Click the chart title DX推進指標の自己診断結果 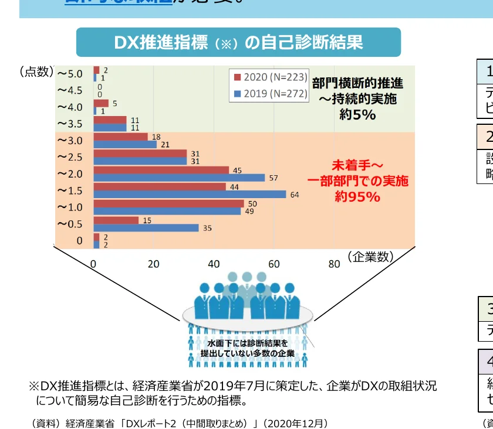[238, 43]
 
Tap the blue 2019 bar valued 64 [190, 195]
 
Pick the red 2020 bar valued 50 [168, 203]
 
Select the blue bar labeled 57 [179, 178]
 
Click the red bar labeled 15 [116, 220]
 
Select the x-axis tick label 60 [274, 264]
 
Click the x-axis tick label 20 [154, 264]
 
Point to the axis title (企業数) [369, 257]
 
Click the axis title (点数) [36, 72]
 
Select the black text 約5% [357, 114]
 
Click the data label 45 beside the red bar [238, 170]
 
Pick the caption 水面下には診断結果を [248, 343]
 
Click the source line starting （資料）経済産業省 [178, 423]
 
